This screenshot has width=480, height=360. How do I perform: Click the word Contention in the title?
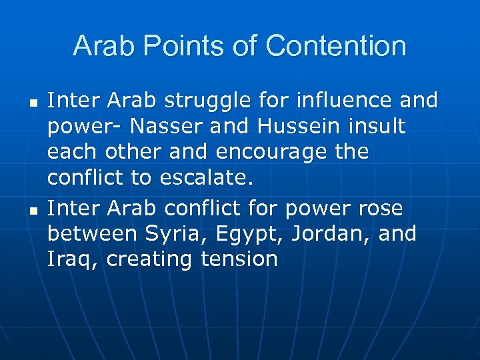(x=335, y=46)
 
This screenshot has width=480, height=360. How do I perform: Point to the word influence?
(x=341, y=101)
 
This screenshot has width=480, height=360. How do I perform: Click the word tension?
(x=239, y=260)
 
